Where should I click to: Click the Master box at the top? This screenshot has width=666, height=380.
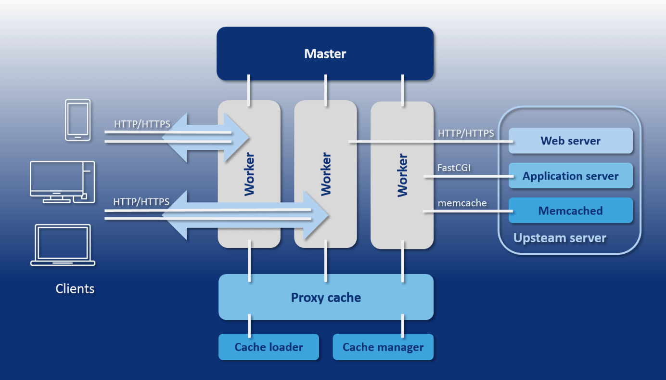325,53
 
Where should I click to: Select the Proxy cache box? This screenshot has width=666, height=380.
326,297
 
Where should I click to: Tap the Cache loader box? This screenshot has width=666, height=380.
269,347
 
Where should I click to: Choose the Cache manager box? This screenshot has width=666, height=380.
383,347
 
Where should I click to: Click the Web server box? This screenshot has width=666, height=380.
570,141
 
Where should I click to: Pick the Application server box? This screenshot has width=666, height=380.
570,176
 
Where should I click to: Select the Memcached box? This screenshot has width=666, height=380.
570,210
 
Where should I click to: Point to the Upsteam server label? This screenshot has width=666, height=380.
560,238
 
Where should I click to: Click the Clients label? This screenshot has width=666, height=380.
75,288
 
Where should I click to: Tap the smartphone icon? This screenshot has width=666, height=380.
78,120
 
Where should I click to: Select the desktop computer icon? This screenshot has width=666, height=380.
62,182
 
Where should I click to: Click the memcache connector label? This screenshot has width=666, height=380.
462,203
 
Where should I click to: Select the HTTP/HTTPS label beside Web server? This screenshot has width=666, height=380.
466,133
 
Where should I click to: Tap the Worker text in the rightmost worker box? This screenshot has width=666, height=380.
402,175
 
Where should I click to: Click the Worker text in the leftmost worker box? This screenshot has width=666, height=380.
249,174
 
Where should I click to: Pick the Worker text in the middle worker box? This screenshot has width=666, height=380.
326,174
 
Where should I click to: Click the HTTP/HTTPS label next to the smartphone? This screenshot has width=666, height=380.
142,124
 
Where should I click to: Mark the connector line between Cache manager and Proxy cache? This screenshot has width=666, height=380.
402,327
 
